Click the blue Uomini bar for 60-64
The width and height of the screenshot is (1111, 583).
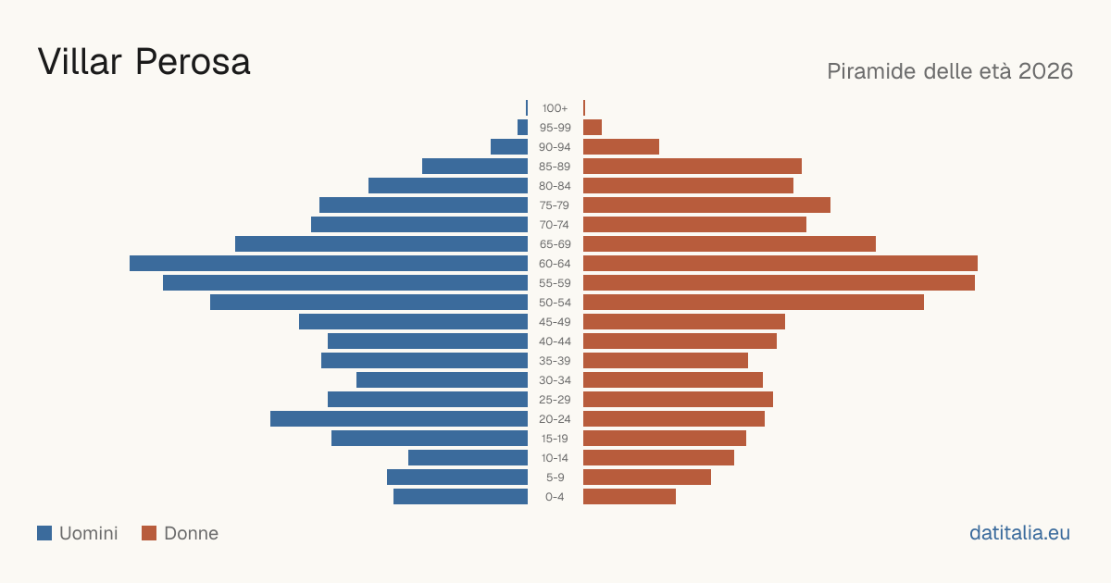click(329, 263)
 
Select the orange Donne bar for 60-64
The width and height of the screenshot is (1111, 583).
click(780, 263)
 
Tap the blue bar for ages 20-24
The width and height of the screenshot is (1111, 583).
click(399, 419)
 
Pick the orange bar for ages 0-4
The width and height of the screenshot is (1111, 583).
click(630, 497)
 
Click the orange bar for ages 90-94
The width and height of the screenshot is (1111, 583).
click(621, 147)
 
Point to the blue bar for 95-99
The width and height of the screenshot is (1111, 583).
click(522, 128)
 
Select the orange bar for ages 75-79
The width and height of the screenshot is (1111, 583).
click(706, 205)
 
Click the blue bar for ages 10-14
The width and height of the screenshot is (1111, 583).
click(468, 457)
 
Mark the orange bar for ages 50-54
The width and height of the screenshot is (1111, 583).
click(754, 303)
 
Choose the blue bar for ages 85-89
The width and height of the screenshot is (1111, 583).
click(475, 166)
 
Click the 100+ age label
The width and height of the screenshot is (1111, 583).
click(555, 108)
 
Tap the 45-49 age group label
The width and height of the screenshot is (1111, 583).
click(555, 322)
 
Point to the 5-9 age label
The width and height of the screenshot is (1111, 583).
click(555, 478)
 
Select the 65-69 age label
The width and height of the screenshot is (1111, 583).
click(555, 244)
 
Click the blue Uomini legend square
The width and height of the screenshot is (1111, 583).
click(44, 533)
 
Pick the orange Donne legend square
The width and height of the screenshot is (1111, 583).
click(149, 533)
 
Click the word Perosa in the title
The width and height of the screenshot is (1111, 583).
click(193, 62)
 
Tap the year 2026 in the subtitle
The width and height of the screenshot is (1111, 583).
click(1045, 71)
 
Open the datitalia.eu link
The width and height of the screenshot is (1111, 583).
click(1019, 533)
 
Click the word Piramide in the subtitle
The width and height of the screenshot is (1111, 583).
click(873, 71)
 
